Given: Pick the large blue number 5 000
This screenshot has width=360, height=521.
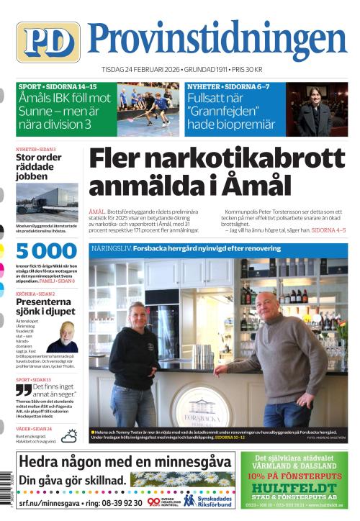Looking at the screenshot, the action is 47,251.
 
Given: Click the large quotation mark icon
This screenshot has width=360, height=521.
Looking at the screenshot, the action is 24,389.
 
